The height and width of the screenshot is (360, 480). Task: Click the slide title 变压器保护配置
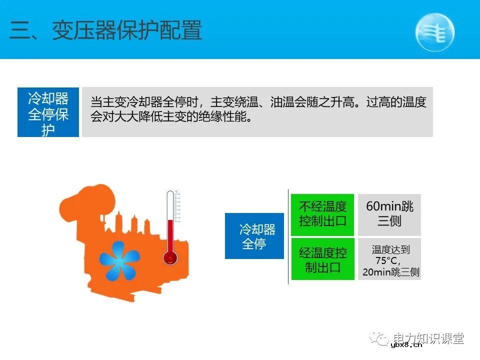coord(127,30)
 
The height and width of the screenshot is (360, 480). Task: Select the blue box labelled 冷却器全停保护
coord(48,112)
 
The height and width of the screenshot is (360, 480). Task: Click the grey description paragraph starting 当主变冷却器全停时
coord(257,111)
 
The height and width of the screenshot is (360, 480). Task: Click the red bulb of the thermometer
coord(170,257)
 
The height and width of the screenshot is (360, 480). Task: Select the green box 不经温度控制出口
coord(322,214)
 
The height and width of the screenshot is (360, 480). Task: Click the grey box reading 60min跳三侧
coord(389,214)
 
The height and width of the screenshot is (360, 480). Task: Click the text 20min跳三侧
coord(390,272)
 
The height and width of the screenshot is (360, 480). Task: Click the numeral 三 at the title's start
coord(20,31)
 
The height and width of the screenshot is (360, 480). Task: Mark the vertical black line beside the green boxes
coord(288,237)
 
